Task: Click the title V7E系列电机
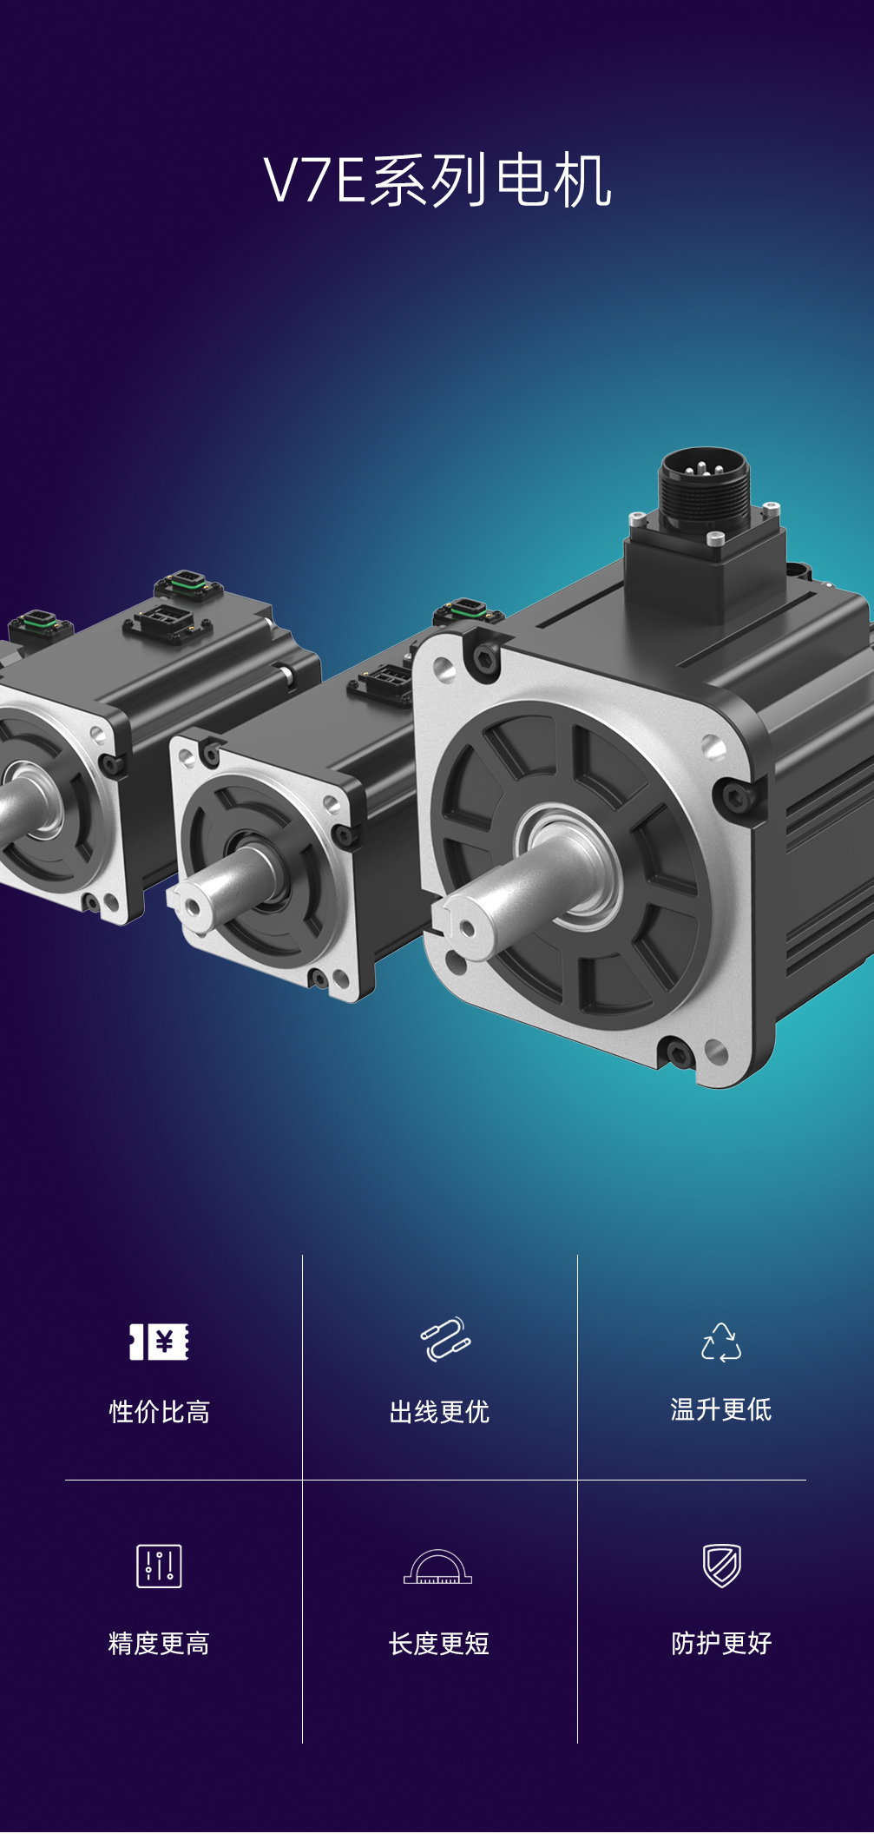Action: [x=437, y=181]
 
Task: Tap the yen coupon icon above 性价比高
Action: [x=159, y=1342]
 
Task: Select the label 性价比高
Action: [x=160, y=1412]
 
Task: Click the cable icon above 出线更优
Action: [x=445, y=1339]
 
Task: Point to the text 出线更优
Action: [x=439, y=1412]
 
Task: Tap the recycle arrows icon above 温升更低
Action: [x=721, y=1342]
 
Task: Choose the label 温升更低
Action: [x=721, y=1409]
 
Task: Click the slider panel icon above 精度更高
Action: [x=159, y=1566]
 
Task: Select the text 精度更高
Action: [x=159, y=1643]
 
